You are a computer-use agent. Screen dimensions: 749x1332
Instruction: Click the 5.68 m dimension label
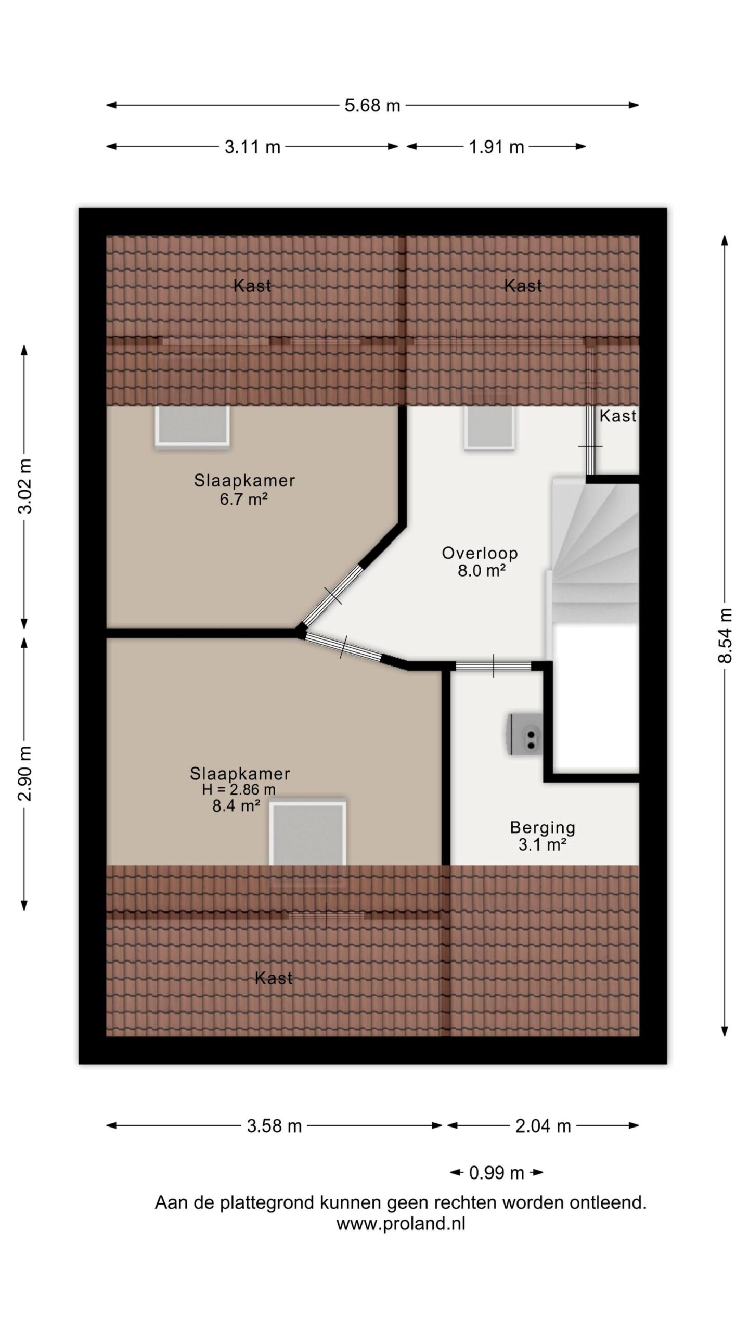[372, 106]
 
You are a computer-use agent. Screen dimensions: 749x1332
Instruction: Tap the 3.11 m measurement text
[252, 147]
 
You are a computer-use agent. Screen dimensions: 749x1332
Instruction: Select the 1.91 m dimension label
[496, 147]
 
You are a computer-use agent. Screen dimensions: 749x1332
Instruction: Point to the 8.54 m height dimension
[725, 635]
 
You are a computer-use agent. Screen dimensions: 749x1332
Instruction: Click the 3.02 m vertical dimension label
[25, 486]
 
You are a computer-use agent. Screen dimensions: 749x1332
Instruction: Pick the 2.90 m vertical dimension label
[25, 774]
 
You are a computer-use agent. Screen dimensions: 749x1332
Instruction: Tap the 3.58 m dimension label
[274, 1126]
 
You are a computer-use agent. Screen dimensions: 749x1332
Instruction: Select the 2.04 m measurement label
[543, 1126]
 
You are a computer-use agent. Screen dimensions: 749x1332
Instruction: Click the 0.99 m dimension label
[496, 1173]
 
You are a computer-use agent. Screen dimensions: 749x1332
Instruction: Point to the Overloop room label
[480, 553]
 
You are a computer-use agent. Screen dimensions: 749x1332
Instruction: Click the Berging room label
[543, 827]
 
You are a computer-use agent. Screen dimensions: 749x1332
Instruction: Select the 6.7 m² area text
[243, 499]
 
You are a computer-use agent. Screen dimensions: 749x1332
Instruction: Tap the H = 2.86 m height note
[239, 789]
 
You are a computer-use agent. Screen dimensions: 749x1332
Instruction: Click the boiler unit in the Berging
[525, 734]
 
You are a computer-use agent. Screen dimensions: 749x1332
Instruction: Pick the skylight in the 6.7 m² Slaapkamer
[192, 426]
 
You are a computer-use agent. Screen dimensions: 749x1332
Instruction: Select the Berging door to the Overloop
[493, 665]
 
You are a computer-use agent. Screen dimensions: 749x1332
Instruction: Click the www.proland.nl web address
[401, 1224]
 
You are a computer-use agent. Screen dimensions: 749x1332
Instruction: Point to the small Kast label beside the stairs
[618, 416]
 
